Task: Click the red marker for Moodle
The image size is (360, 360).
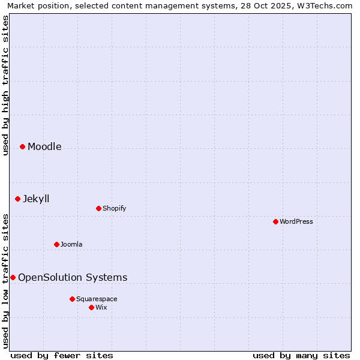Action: tap(22, 146)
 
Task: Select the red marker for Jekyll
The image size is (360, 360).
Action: tap(17, 199)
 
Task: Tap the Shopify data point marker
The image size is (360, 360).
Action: tap(98, 208)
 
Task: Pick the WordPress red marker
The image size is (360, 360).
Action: tap(275, 221)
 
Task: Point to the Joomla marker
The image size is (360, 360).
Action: tap(56, 244)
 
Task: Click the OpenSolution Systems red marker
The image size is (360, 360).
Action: tap(13, 277)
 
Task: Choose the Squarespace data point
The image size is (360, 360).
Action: tap(72, 299)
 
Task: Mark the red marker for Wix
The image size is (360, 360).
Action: tap(91, 307)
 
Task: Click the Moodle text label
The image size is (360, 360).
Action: tap(44, 146)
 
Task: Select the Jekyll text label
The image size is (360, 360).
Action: tap(36, 199)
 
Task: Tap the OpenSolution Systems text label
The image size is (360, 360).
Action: tap(73, 277)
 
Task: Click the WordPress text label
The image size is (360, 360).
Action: tap(296, 221)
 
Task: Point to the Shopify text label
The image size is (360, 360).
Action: tap(114, 208)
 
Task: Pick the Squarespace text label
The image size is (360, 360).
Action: tap(97, 299)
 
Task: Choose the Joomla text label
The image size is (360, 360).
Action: tap(71, 244)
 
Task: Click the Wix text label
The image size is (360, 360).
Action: tap(101, 307)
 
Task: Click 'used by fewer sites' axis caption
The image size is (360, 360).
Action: tap(62, 355)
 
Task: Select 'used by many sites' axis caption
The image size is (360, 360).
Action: tap(301, 355)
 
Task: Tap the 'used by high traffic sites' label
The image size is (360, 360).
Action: tap(6, 85)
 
